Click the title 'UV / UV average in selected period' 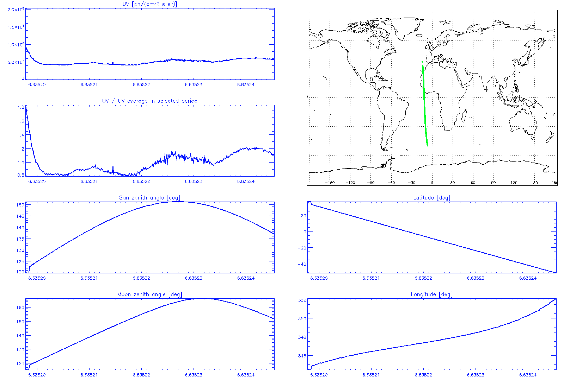coord(150,101)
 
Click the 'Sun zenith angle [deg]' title coord(150,198)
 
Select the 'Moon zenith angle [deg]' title coord(150,294)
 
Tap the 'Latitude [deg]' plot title coord(432,198)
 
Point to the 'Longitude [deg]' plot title coord(432,294)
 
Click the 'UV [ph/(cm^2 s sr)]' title coord(150,4)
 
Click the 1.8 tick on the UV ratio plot coord(21,107)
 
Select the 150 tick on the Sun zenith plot coord(20,205)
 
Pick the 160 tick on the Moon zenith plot coord(20,307)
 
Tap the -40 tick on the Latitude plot coord(302,264)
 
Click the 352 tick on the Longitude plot coord(302,300)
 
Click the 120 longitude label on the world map coord(514,183)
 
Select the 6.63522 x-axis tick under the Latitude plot coord(423,278)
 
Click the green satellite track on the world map coord(425,106)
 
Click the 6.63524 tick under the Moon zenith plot coord(246,375)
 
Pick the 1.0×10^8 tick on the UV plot coord(16,45)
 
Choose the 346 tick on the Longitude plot coord(302,356)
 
